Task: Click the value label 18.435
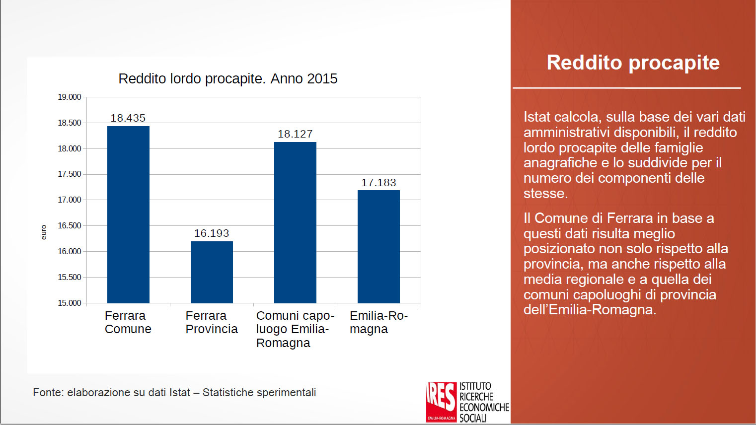pos(128,118)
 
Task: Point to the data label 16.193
pos(212,233)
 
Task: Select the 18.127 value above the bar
pos(295,134)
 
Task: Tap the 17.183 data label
pos(378,183)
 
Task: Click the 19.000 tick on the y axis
pos(69,97)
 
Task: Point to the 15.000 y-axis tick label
pos(69,303)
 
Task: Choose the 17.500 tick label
pos(69,174)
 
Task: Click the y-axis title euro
pos(44,232)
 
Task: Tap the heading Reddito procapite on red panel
pos(633,63)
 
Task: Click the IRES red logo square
pos(441,402)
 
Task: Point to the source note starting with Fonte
pos(174,393)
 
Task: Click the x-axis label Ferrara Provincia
pos(212,322)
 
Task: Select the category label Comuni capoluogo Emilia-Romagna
pos(295,329)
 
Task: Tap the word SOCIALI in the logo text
pos(473,418)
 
